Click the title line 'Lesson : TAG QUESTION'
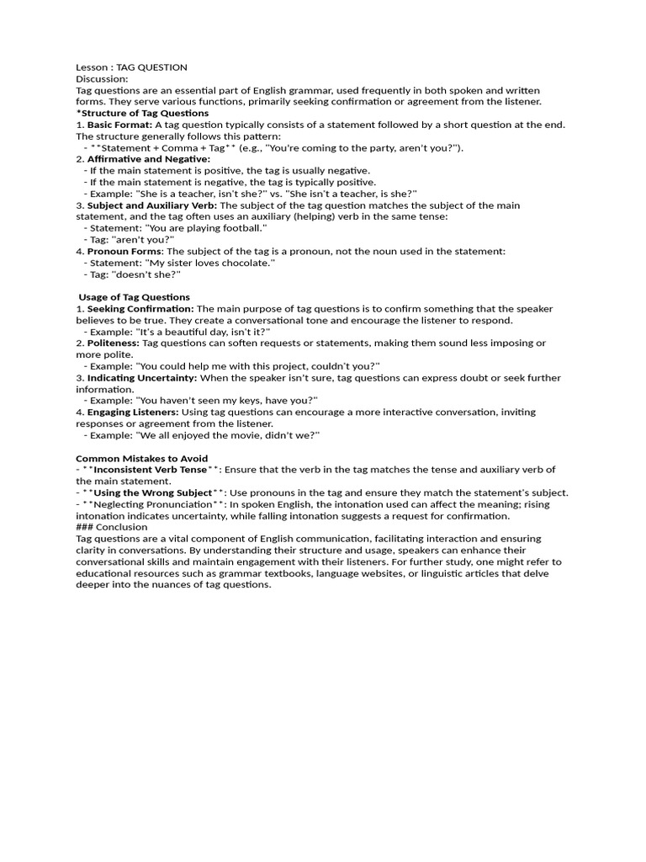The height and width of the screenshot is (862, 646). coord(131,67)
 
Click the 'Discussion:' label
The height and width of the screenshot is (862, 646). coord(102,78)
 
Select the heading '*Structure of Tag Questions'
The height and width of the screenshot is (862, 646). coord(142,113)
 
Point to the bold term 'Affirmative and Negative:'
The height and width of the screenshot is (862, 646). coord(149,159)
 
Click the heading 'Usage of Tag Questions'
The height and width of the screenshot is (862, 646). coord(135,297)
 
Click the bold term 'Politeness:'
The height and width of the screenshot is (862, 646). coord(113,343)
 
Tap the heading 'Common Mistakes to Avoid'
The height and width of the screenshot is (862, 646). coord(142,459)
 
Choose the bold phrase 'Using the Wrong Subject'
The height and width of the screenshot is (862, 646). coord(152,493)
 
